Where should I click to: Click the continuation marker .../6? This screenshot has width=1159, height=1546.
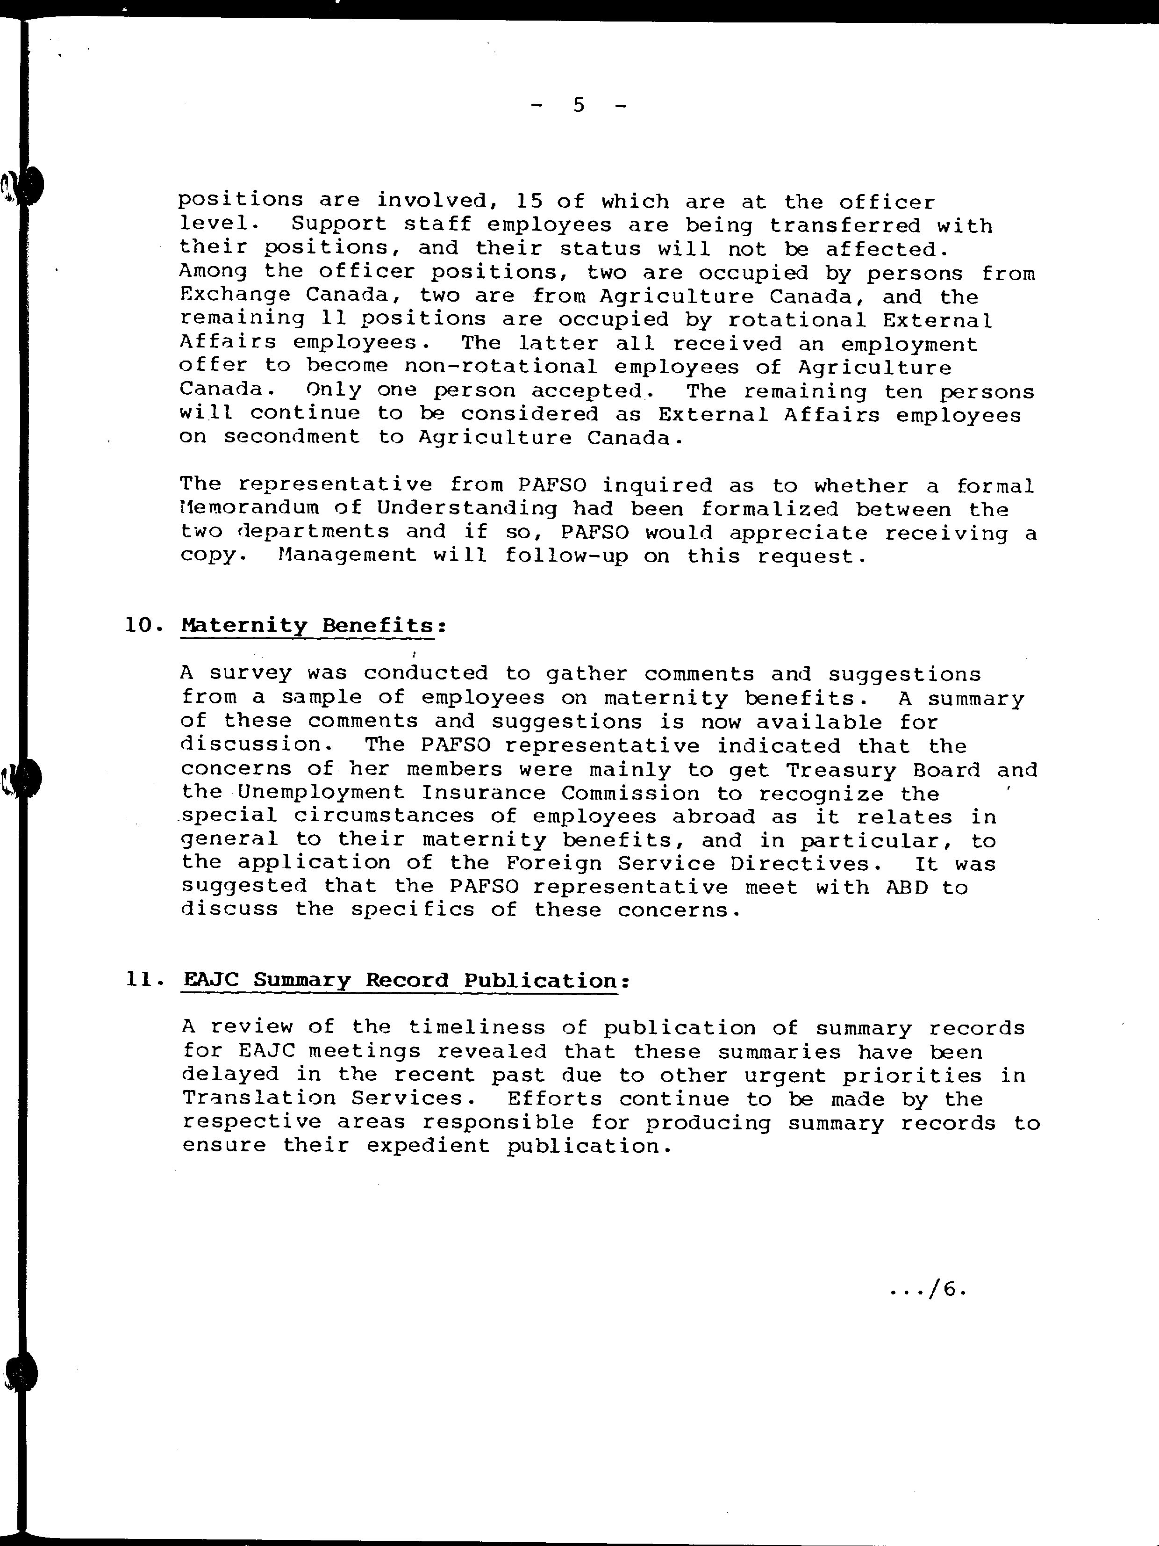click(x=929, y=1289)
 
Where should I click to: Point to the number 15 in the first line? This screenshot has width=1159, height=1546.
click(x=529, y=201)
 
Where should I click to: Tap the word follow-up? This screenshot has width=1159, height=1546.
click(x=566, y=556)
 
